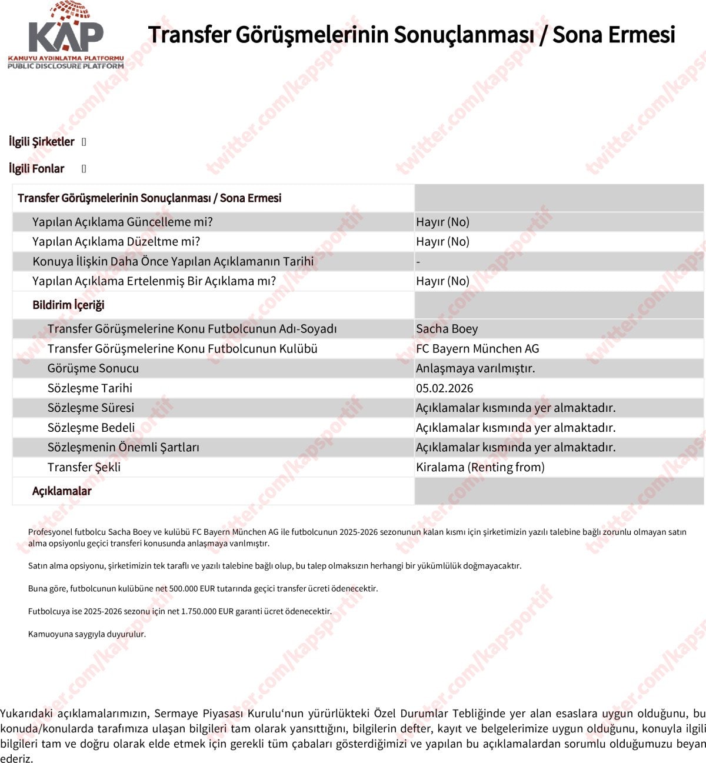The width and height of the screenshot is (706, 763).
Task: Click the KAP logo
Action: (x=66, y=36)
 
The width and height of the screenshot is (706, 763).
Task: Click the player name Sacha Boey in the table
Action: (x=447, y=329)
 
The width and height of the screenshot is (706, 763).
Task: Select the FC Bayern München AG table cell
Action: (x=477, y=349)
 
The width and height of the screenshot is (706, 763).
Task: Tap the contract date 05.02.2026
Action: (x=444, y=388)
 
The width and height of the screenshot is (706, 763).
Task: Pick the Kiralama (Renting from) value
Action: (x=480, y=467)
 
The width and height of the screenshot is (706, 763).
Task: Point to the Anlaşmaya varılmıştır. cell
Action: (x=475, y=368)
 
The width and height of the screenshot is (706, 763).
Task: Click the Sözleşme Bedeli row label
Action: (x=91, y=428)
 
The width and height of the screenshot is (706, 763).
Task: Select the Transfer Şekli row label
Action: (x=84, y=467)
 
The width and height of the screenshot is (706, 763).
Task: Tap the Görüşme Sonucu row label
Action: (x=93, y=368)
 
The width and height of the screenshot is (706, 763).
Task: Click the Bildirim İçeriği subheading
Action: (x=68, y=305)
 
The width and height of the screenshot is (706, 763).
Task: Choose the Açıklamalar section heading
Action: (x=62, y=491)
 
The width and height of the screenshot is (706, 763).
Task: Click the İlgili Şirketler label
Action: (x=41, y=142)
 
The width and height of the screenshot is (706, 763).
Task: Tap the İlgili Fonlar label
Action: (x=36, y=169)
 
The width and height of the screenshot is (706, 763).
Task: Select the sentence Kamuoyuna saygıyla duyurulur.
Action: (x=87, y=634)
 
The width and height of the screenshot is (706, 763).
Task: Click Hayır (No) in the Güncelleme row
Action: (x=442, y=222)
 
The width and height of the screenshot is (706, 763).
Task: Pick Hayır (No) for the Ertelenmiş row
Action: (x=442, y=281)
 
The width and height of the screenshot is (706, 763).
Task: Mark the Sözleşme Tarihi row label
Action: (x=90, y=388)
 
